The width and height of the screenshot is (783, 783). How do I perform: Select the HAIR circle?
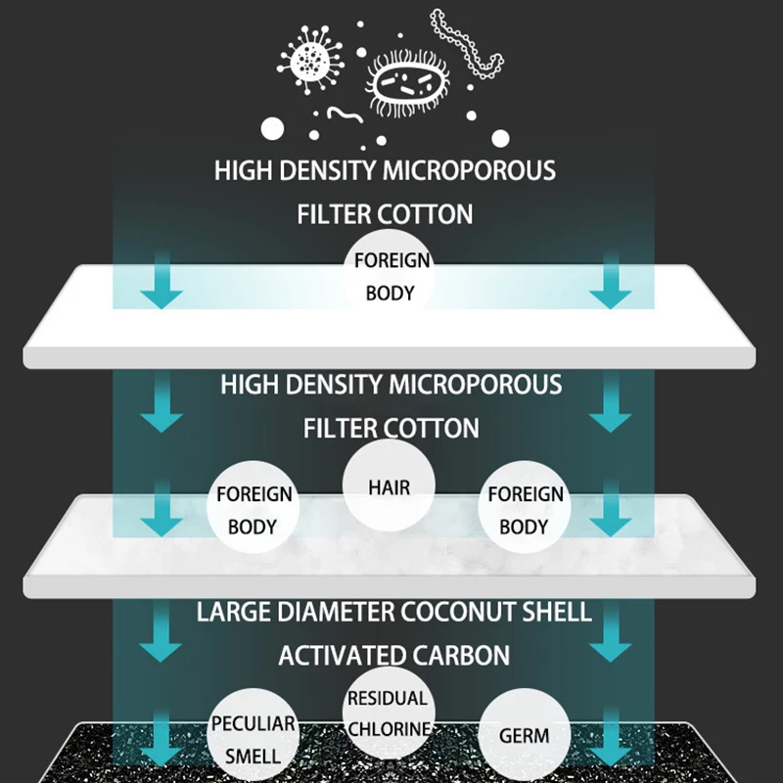coord(389,485)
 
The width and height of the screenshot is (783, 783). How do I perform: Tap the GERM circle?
coord(524,734)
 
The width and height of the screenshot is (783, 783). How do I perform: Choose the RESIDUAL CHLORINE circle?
coord(388,714)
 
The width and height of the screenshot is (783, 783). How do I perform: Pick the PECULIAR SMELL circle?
coord(253,739)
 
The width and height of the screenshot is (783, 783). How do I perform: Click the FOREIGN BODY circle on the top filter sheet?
coord(391,277)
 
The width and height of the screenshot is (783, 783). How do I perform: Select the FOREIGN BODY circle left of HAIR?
coord(253,509)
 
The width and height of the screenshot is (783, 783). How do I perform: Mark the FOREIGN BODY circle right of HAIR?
coord(526,509)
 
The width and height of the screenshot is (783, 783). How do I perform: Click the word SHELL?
coord(560,613)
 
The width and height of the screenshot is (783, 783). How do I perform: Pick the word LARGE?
coord(228,613)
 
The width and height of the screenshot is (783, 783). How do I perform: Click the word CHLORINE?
coord(388,729)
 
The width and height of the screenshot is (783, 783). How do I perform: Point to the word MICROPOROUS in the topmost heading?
coord(469,170)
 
